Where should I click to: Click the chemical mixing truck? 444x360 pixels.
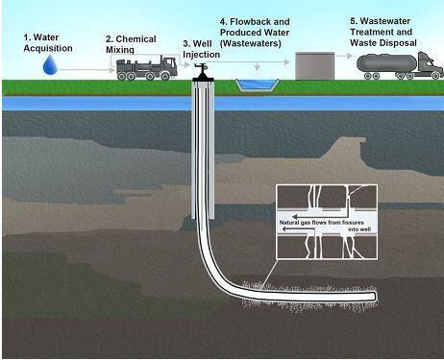pos(142,67)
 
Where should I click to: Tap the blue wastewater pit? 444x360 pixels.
pos(255,86)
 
